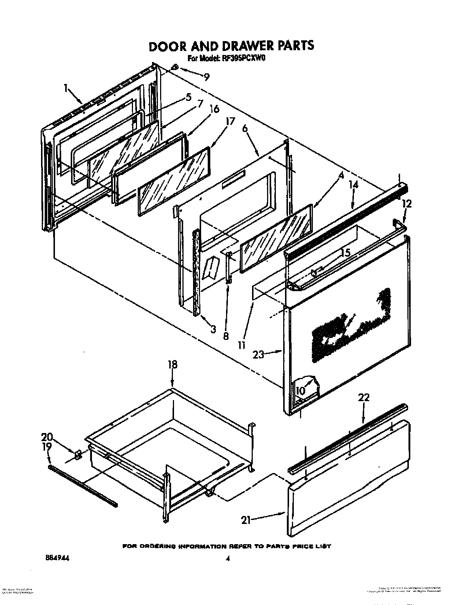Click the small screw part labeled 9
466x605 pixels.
click(x=175, y=67)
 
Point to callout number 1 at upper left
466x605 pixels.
click(x=66, y=88)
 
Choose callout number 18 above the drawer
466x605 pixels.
click(x=172, y=364)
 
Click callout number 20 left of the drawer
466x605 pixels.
click(x=47, y=437)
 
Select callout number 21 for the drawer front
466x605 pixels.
click(x=245, y=520)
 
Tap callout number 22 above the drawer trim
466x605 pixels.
click(x=363, y=397)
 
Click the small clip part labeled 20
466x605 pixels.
click(x=78, y=455)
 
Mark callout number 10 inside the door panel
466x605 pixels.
click(x=300, y=391)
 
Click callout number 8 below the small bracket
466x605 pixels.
click(x=226, y=335)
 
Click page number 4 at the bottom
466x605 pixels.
click(x=228, y=559)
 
